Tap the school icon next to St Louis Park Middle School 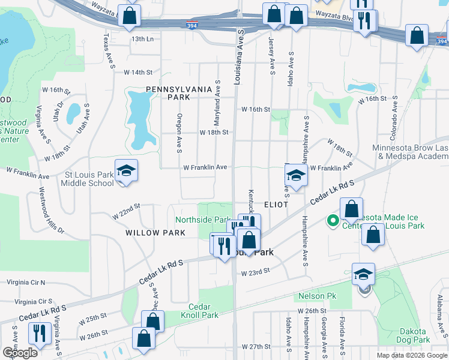[x=126, y=172]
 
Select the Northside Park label [x=203, y=220]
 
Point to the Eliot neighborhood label [x=274, y=205]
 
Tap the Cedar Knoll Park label [x=199, y=310]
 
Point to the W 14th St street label [x=139, y=72]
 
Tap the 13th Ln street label [x=143, y=38]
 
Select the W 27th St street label [x=257, y=347]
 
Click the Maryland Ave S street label [x=218, y=99]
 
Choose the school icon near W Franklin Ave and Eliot [x=296, y=175]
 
